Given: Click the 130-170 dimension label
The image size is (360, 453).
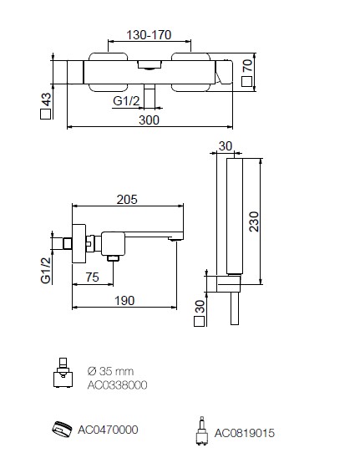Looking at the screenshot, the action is (149, 35).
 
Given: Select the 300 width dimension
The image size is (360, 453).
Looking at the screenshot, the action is (149, 120).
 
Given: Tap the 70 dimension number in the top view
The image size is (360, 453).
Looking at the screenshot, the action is (247, 65).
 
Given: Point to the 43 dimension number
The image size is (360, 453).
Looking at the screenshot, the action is (47, 99).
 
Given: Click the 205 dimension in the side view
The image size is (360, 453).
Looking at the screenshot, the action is (127, 200).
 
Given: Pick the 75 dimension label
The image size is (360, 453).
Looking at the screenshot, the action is (93, 277).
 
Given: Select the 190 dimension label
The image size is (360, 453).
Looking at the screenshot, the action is (124, 301).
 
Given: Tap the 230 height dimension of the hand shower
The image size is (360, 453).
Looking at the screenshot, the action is (254, 221).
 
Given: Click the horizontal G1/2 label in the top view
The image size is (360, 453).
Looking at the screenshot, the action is (126, 101).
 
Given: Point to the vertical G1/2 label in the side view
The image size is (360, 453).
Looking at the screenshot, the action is (46, 271).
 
